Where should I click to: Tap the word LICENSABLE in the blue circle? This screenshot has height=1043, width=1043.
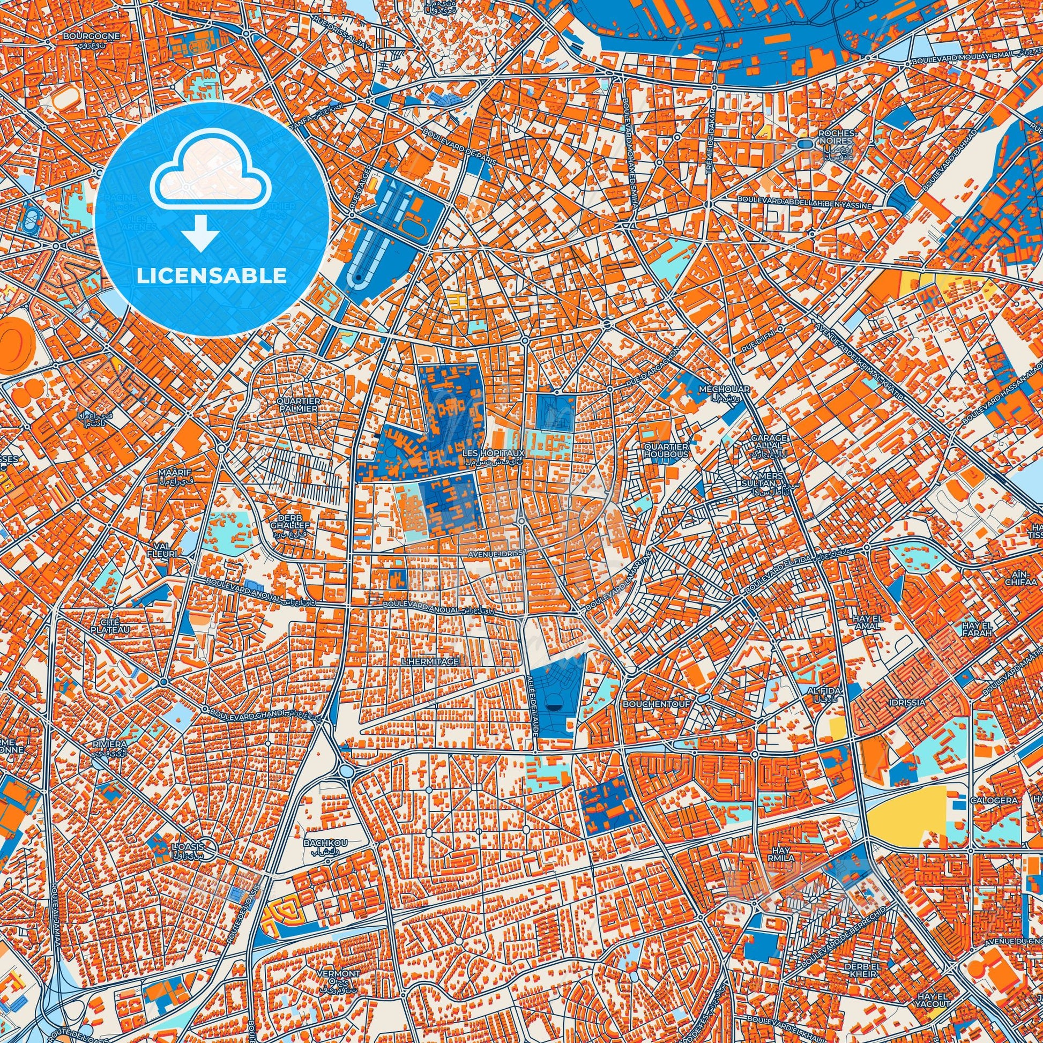pyautogui.click(x=212, y=276)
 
